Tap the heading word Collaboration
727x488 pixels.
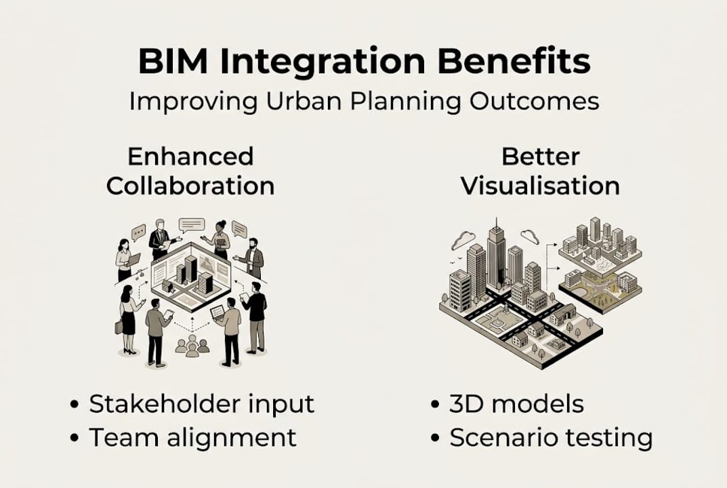click(190, 185)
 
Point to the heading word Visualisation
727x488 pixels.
click(540, 185)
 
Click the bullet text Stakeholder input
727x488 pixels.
click(202, 404)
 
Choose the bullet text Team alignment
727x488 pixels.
click(193, 437)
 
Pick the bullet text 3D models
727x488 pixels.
click(516, 404)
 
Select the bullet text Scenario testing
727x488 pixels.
click(551, 437)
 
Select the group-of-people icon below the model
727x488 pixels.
click(192, 345)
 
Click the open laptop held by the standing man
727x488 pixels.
click(217, 312)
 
